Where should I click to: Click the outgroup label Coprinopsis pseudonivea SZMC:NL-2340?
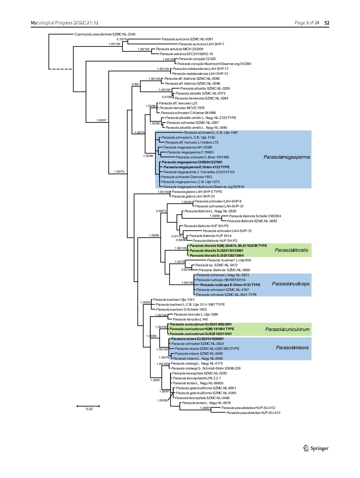(x=105, y=34)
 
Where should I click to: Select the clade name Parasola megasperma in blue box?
(x=287, y=157)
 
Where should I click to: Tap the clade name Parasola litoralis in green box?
(x=291, y=250)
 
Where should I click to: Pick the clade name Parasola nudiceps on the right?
(x=291, y=284)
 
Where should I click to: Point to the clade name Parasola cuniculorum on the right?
(x=287, y=329)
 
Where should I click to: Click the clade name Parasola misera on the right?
(x=292, y=348)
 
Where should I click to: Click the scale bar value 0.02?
(x=89, y=409)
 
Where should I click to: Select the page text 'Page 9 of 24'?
(x=307, y=23)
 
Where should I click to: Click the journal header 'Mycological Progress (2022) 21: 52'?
(x=65, y=23)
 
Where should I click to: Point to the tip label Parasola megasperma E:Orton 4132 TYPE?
(x=196, y=167)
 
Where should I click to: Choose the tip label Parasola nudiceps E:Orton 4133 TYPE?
(x=230, y=285)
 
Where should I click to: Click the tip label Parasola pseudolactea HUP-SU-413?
(x=253, y=413)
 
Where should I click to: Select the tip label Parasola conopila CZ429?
(x=197, y=59)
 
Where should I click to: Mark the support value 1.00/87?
(x=101, y=120)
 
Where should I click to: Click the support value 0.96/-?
(x=136, y=84)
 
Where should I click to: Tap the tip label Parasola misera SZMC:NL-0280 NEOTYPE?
(x=207, y=349)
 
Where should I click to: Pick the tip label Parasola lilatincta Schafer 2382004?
(x=255, y=216)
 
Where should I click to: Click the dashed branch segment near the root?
(x=61, y=69)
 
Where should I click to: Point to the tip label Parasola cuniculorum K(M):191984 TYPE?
(x=202, y=329)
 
